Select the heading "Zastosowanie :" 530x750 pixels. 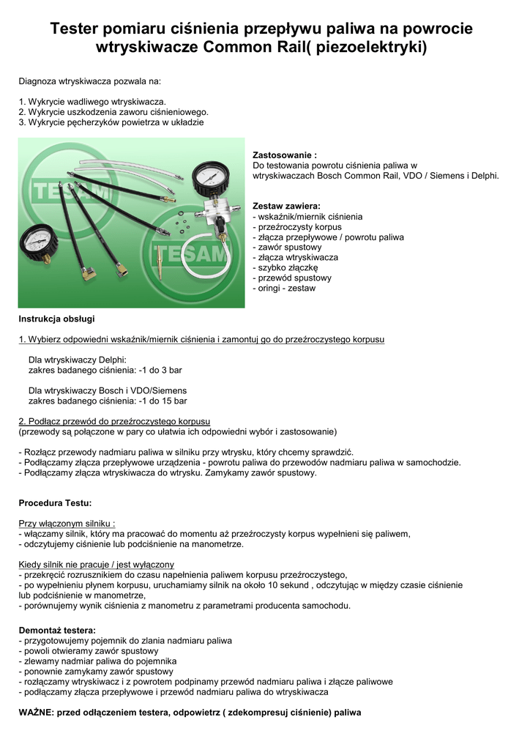tap(285, 155)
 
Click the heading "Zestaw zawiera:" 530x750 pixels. tap(286, 207)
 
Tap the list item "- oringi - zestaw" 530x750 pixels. tap(284, 289)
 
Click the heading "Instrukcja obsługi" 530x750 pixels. tap(56, 319)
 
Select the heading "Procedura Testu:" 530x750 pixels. tap(55, 503)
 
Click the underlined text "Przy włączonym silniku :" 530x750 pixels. tap(67, 524)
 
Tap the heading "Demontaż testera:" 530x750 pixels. tap(57, 630)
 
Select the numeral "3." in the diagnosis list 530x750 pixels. tap(22, 122)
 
